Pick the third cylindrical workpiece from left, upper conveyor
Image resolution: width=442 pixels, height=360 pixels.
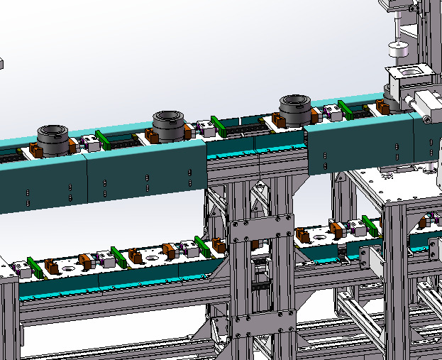[x=294, y=109]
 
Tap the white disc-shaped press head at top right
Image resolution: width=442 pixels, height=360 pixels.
[x=398, y=52]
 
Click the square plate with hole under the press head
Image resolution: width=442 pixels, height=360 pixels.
[x=411, y=72]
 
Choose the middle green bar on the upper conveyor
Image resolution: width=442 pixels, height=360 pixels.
[x=220, y=126]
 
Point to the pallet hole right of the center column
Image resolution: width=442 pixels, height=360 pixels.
[x=319, y=235]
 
